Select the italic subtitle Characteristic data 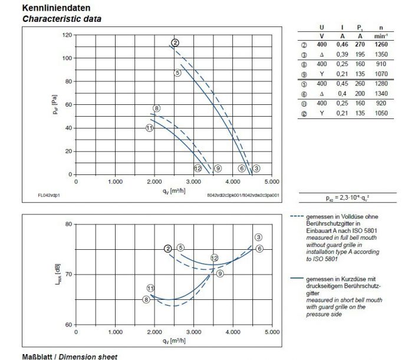(62, 19)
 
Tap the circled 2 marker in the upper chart (175, 42)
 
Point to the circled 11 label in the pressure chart (150, 128)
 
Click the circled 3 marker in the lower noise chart (258, 237)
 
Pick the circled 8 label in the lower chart (146, 300)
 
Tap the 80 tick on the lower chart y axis (68, 224)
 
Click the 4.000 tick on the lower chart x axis (233, 332)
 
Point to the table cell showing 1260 (382, 44)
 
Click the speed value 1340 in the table (382, 93)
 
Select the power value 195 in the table (360, 54)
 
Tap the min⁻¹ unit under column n (382, 35)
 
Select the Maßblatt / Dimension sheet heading (70, 356)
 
